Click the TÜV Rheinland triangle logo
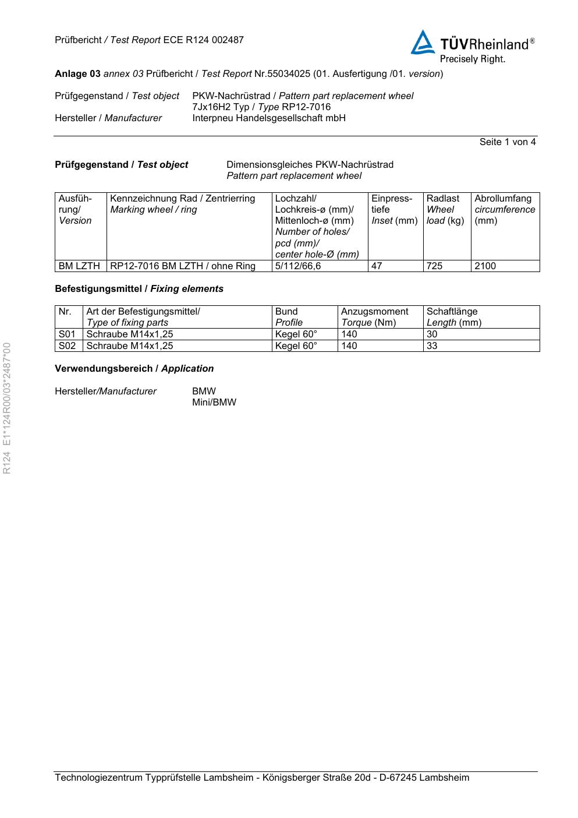(x=423, y=43)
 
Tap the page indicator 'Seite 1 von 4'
(x=507, y=142)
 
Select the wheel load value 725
(x=434, y=266)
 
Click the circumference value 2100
(x=485, y=266)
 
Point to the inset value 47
(x=377, y=266)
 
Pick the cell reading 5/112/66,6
(x=297, y=266)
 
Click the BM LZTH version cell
(x=79, y=266)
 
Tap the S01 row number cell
(x=67, y=334)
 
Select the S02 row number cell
(x=67, y=346)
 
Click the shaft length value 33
(x=432, y=346)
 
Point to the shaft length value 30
(x=432, y=334)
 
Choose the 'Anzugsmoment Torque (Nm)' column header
(x=374, y=317)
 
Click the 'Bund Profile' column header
(x=289, y=317)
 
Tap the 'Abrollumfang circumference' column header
(x=504, y=209)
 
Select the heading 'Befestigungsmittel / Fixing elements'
(x=139, y=289)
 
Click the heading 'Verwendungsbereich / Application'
(x=134, y=369)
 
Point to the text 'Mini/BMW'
(x=214, y=403)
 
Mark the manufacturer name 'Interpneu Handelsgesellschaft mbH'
(x=268, y=118)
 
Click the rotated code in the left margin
(x=8, y=408)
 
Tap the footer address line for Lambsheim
(x=262, y=778)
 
